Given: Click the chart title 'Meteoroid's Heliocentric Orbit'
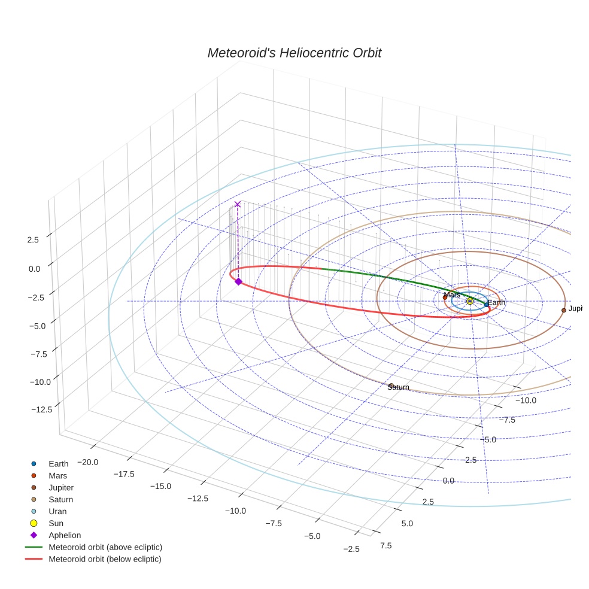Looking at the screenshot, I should click(x=294, y=53).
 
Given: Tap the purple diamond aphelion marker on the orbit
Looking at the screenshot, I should click(x=238, y=281).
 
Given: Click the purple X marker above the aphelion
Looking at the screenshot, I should click(x=238, y=204).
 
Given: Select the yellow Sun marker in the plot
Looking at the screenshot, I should click(x=470, y=301).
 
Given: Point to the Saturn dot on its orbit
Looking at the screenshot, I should click(x=391, y=385).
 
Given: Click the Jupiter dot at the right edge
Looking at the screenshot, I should click(x=563, y=310).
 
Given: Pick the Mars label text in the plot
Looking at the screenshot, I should click(x=452, y=294).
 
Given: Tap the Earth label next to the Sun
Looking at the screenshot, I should click(x=496, y=303).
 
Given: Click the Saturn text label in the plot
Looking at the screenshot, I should click(x=398, y=387).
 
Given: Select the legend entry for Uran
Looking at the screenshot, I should click(x=57, y=511).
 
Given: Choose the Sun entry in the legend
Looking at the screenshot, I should click(x=56, y=523).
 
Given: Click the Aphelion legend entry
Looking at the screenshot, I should click(x=64, y=535).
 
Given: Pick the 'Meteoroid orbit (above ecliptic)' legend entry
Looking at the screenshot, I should click(x=105, y=547).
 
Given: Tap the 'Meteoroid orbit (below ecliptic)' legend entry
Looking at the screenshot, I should click(x=105, y=559).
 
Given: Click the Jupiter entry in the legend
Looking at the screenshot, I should click(x=60, y=487).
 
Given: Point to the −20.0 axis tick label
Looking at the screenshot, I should click(x=87, y=462).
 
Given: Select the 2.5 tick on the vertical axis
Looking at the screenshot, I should click(x=33, y=240).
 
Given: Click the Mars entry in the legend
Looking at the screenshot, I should click(x=57, y=475).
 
